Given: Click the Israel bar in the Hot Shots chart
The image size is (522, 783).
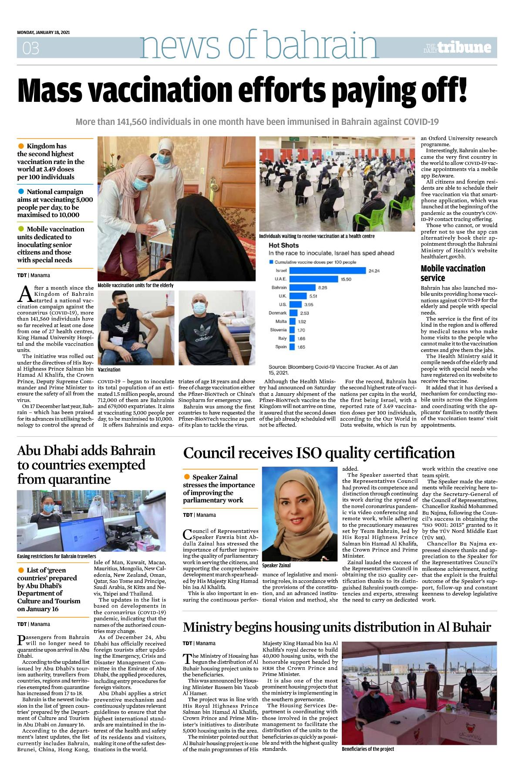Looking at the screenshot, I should (327, 271).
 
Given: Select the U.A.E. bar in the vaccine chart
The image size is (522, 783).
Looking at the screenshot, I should (313, 279).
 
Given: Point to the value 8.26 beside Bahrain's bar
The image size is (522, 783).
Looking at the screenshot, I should (323, 288).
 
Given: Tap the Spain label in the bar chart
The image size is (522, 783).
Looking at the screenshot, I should (281, 347).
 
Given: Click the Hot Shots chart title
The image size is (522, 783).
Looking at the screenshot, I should (283, 245).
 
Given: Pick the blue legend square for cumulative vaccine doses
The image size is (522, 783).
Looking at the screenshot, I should (271, 262).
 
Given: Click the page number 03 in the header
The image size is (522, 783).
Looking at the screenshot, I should (31, 48).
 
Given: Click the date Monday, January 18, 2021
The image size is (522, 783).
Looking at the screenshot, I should (44, 32).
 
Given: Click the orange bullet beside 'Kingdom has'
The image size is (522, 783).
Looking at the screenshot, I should (21, 146).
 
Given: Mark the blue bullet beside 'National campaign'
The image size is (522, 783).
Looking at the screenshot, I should (21, 191).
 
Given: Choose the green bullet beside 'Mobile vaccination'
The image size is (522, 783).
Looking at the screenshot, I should (21, 229).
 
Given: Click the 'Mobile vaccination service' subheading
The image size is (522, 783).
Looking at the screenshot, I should (453, 273).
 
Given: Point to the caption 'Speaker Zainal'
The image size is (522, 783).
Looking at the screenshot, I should (276, 565).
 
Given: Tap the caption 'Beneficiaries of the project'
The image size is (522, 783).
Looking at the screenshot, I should (368, 749).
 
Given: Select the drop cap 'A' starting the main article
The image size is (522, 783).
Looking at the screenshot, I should (25, 294).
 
